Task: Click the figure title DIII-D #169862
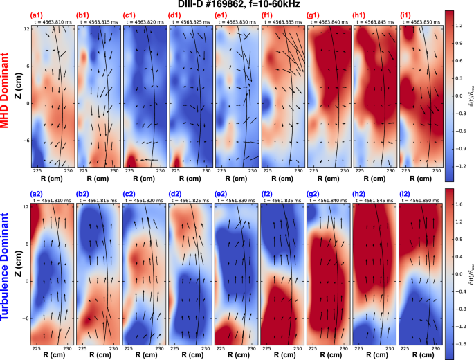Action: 237,5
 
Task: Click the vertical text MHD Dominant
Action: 7,89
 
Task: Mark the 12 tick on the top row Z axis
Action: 26,29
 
